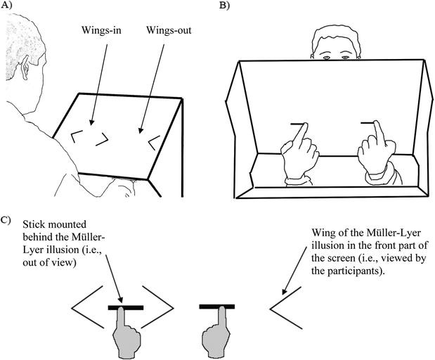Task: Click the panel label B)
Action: [x=223, y=7]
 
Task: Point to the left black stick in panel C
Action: [x=126, y=307]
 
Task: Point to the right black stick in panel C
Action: [x=216, y=307]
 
